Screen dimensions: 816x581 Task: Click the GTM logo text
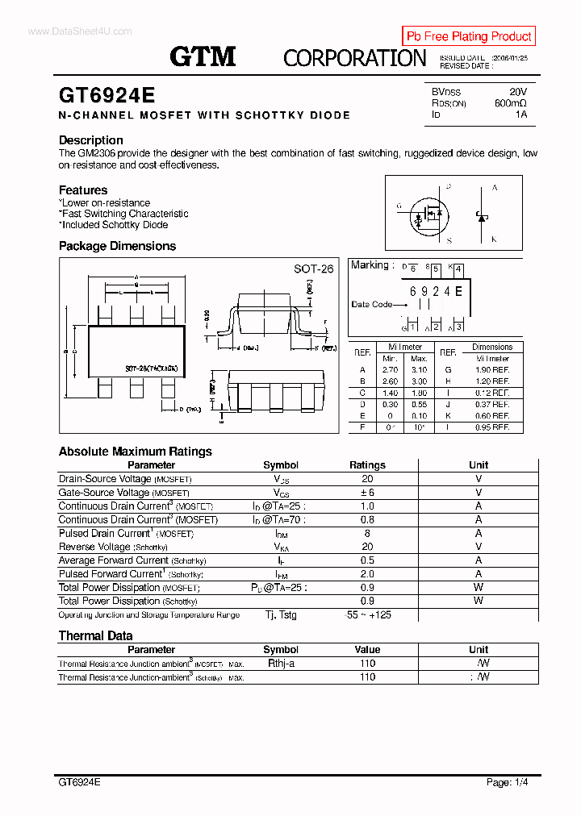tap(203, 56)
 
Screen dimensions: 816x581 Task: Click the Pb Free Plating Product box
tap(468, 36)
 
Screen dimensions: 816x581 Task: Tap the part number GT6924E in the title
tap(107, 95)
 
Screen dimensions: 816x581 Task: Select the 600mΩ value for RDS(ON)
tap(510, 103)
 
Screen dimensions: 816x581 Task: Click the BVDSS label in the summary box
tap(446, 92)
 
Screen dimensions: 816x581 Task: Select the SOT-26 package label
tap(313, 269)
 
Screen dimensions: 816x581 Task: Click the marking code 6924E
tap(436, 291)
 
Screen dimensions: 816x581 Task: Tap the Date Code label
tap(371, 304)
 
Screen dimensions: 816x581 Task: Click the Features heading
tap(83, 190)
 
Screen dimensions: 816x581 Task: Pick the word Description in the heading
tap(91, 140)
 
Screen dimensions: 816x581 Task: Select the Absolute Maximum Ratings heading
tap(136, 452)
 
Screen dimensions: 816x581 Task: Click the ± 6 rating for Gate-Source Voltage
tap(367, 493)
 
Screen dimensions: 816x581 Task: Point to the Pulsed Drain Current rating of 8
tap(367, 533)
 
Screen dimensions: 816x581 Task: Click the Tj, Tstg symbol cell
tap(281, 614)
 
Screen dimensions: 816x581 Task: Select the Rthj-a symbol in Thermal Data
tap(281, 664)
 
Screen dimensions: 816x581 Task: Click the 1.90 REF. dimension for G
tap(491, 369)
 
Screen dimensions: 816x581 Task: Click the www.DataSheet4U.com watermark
tap(68, 31)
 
